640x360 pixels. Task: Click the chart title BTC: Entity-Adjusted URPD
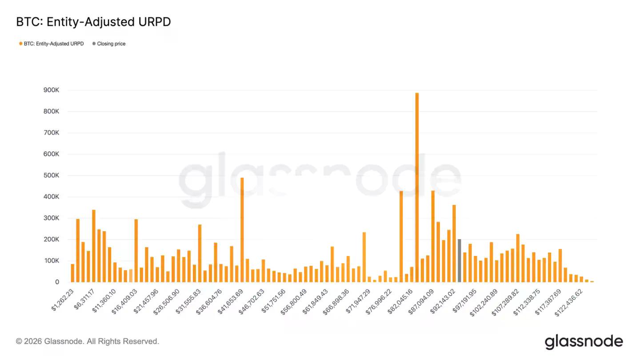pyautogui.click(x=93, y=22)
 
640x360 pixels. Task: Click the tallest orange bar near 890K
pyautogui.click(x=417, y=187)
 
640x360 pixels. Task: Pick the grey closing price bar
pyautogui.click(x=459, y=260)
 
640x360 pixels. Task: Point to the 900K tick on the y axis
pyautogui.click(x=51, y=90)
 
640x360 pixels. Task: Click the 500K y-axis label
pyautogui.click(x=51, y=176)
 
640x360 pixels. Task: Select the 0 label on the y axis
pyautogui.click(x=57, y=282)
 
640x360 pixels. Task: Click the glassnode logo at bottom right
pyautogui.click(x=584, y=342)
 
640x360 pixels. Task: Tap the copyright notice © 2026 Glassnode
pyautogui.click(x=88, y=341)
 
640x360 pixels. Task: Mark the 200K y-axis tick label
pyautogui.click(x=51, y=240)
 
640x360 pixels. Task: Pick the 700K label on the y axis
pyautogui.click(x=51, y=133)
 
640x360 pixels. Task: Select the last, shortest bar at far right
pyautogui.click(x=592, y=281)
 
